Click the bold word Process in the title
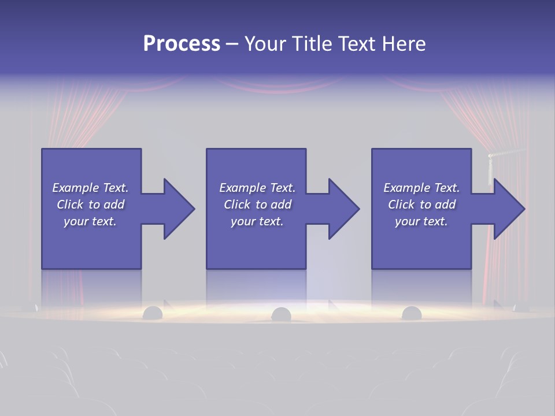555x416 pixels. point(182,44)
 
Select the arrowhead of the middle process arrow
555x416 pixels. point(343,209)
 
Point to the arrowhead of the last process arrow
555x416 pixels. point(508,209)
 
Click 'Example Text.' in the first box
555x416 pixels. point(90,188)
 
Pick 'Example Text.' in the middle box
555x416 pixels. point(257,188)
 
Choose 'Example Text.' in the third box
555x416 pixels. point(421,188)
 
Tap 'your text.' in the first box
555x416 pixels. point(90,221)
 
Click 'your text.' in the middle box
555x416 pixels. point(257,221)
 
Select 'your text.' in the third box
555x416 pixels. point(421,221)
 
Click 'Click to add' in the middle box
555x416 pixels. point(257,205)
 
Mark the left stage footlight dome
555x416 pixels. point(153,313)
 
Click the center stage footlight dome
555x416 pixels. point(281,314)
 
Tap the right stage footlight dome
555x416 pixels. point(411,313)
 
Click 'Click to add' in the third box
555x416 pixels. point(421,205)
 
